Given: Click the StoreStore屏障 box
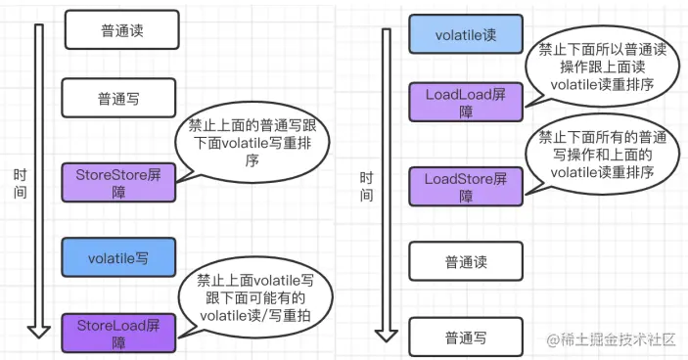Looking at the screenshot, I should click(117, 183).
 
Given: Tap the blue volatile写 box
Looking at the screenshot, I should click(117, 258).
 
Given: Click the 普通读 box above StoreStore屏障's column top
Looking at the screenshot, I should click(121, 30).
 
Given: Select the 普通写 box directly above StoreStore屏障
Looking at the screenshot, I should click(121, 98).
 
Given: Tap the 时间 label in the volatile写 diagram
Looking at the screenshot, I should click(21, 183).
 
